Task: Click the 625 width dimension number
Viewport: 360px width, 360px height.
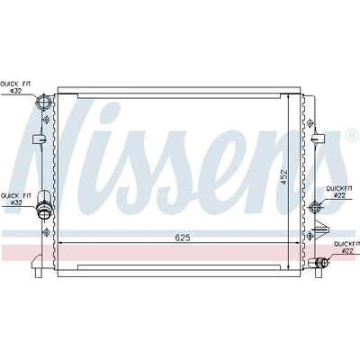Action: (183, 238)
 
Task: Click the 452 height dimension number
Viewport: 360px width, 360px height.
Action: (283, 177)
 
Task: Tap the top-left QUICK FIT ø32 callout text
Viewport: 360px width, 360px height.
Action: (15, 87)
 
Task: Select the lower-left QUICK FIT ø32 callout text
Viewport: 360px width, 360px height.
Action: (16, 199)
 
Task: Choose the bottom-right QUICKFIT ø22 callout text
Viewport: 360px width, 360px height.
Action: (347, 247)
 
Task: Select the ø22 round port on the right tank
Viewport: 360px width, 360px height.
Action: (314, 207)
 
